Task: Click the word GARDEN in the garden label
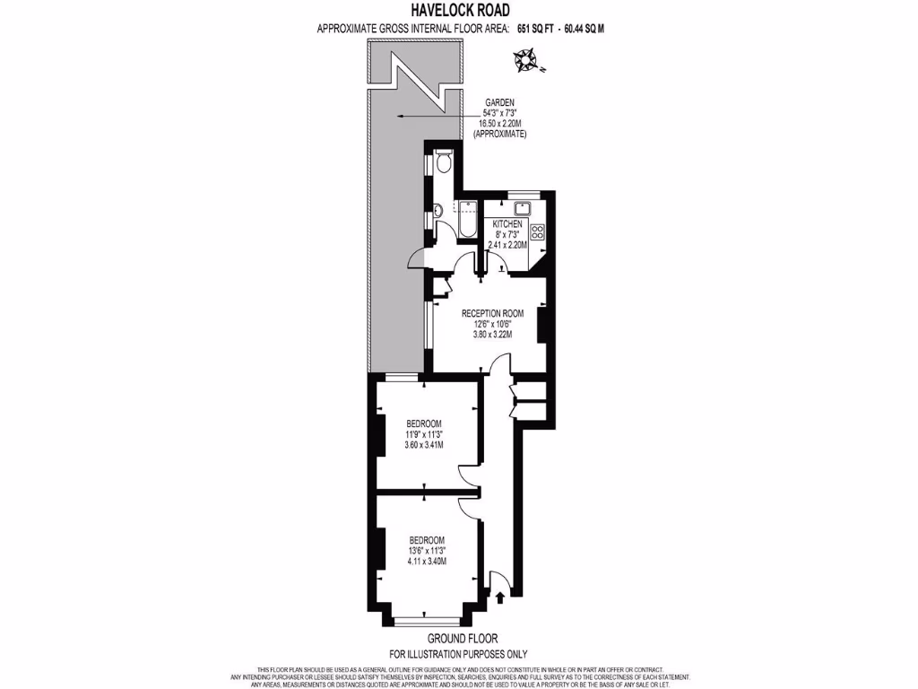[499, 103]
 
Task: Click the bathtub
[467, 220]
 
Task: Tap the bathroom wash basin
[435, 212]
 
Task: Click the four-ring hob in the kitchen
[538, 232]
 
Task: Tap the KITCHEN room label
[507, 223]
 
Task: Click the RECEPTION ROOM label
[492, 313]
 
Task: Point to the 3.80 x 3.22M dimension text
[492, 335]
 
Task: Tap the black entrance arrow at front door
[499, 596]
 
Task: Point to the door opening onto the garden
[418, 259]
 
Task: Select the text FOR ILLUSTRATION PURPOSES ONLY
[458, 654]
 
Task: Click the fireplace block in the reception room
[542, 324]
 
